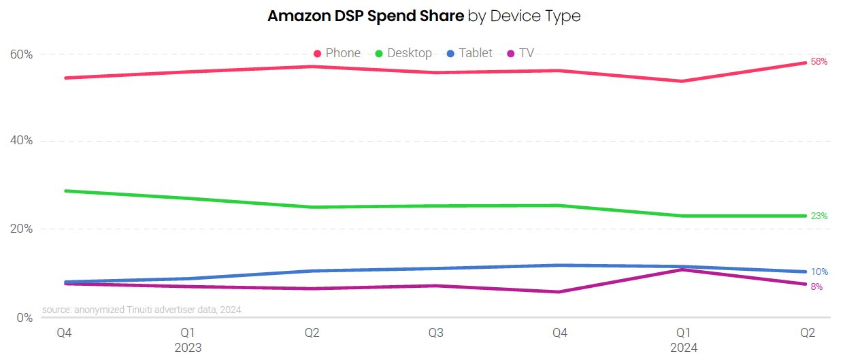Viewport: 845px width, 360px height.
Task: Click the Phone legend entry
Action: click(x=337, y=53)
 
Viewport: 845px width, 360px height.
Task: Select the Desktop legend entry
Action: click(x=403, y=53)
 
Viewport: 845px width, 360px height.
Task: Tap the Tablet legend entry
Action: click(x=469, y=53)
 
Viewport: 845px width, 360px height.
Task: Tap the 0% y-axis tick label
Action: click(x=24, y=317)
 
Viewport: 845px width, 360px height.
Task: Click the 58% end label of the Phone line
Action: click(x=819, y=62)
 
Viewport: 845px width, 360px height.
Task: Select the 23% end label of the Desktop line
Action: click(x=819, y=216)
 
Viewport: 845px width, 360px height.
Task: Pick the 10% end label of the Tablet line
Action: click(x=819, y=272)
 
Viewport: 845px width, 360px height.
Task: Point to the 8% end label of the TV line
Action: click(x=816, y=287)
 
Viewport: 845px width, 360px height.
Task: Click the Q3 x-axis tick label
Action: click(x=436, y=333)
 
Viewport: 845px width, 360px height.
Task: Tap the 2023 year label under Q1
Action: click(x=188, y=348)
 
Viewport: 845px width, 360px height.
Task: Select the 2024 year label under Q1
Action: click(x=684, y=348)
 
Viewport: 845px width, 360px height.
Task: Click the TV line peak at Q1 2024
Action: click(x=683, y=270)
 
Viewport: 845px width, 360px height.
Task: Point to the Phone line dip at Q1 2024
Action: click(x=683, y=81)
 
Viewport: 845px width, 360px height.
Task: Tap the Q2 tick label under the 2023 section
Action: click(x=312, y=333)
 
